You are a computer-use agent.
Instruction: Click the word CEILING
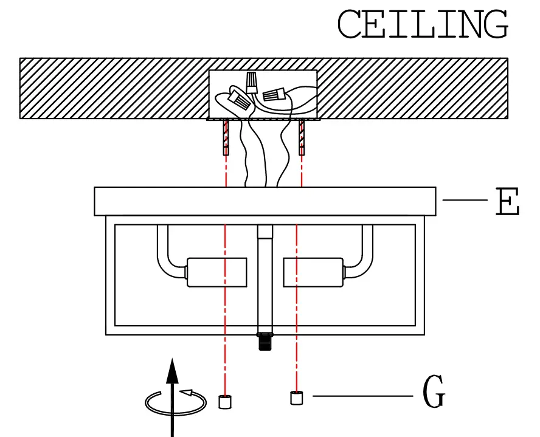pos(422,25)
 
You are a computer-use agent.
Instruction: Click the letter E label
pos(507,202)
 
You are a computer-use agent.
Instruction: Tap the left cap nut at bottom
pos(226,402)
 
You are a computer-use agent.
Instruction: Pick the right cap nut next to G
pos(297,398)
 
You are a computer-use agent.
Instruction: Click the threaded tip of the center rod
pos(265,342)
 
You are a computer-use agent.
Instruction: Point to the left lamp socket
pos(216,272)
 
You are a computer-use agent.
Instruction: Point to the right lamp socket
pos(313,272)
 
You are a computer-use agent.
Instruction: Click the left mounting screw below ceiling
pos(226,137)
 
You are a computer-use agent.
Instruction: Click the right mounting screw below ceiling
pos(302,137)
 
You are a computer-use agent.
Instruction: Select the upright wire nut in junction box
pos(251,82)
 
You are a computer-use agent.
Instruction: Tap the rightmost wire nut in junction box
pos(275,95)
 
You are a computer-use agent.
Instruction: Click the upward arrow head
pos(173,371)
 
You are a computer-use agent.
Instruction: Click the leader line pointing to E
pos(465,199)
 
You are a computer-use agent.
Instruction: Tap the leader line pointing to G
pos(362,396)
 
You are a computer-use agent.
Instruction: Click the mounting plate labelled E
pos(265,201)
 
